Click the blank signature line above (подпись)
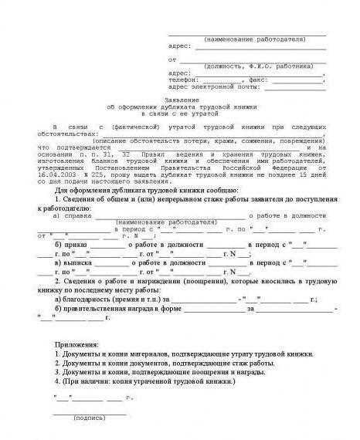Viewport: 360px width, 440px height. pyautogui.click(x=90, y=411)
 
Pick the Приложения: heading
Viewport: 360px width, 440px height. pyautogui.click(x=78, y=342)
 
